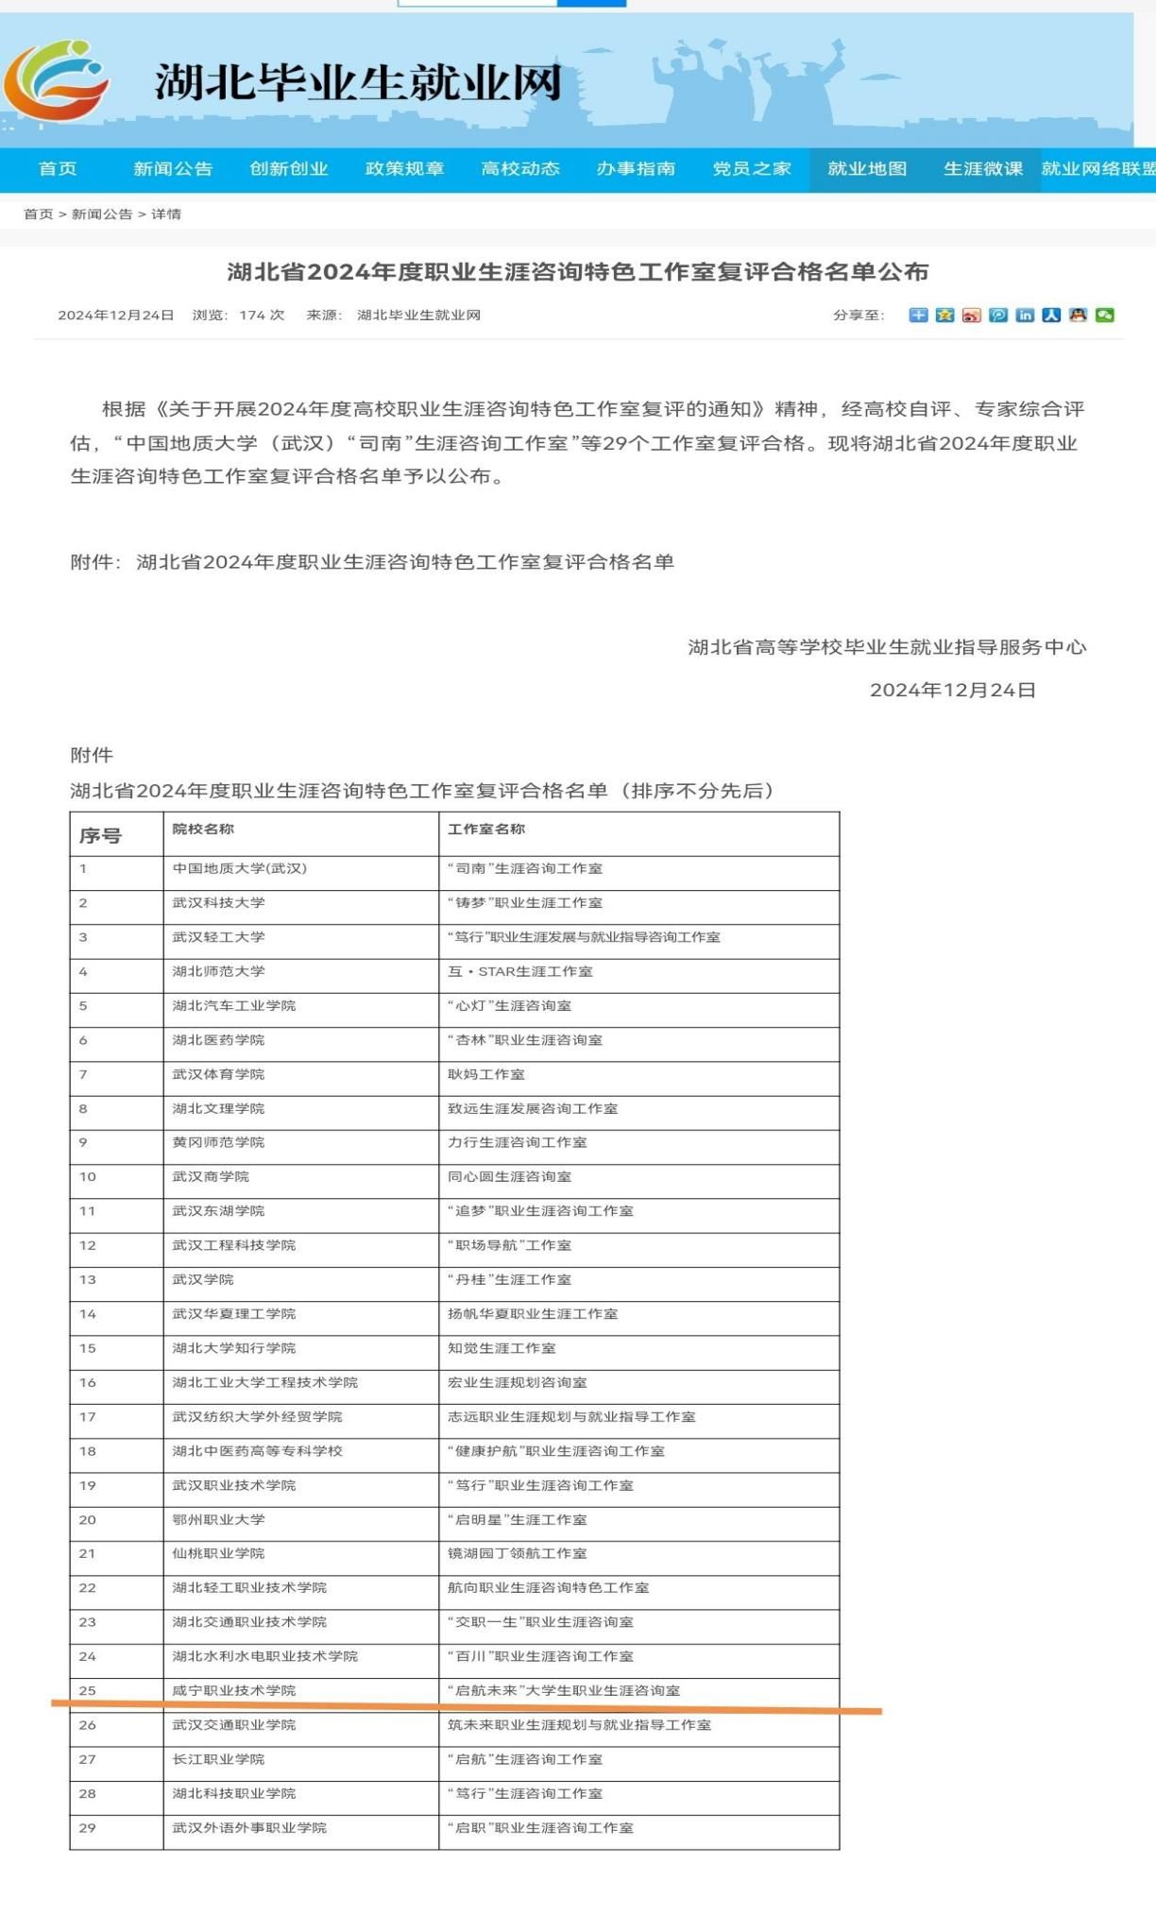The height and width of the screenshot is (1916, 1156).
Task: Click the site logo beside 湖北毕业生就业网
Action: click(57, 80)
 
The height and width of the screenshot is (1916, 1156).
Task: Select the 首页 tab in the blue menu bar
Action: click(58, 169)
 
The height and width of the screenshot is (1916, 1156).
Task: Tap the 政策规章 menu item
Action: click(404, 169)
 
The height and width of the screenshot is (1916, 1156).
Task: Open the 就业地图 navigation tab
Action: click(867, 169)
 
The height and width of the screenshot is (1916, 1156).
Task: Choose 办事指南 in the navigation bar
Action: click(636, 169)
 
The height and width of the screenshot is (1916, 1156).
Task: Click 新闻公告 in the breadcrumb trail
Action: click(102, 214)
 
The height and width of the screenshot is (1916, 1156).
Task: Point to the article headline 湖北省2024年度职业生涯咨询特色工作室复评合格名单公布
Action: click(578, 272)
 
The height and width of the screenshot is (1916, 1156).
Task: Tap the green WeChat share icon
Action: click(1104, 316)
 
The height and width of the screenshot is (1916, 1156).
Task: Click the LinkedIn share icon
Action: click(1025, 316)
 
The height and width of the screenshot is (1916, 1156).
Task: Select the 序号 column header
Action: click(100, 835)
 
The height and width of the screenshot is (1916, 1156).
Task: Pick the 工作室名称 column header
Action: click(486, 830)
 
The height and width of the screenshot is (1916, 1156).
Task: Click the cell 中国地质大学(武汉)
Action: click(240, 868)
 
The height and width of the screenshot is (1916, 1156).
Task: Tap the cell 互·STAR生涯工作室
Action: click(520, 971)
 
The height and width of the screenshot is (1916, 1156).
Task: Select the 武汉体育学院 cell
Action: click(218, 1074)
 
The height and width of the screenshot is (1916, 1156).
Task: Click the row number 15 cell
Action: click(88, 1348)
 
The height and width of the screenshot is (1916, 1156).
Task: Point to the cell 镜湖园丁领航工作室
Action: click(518, 1553)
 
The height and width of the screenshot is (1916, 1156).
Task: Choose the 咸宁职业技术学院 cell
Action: click(234, 1690)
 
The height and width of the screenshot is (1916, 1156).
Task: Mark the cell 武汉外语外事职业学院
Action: click(249, 1827)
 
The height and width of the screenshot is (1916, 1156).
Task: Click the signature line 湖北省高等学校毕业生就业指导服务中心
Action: click(887, 647)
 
